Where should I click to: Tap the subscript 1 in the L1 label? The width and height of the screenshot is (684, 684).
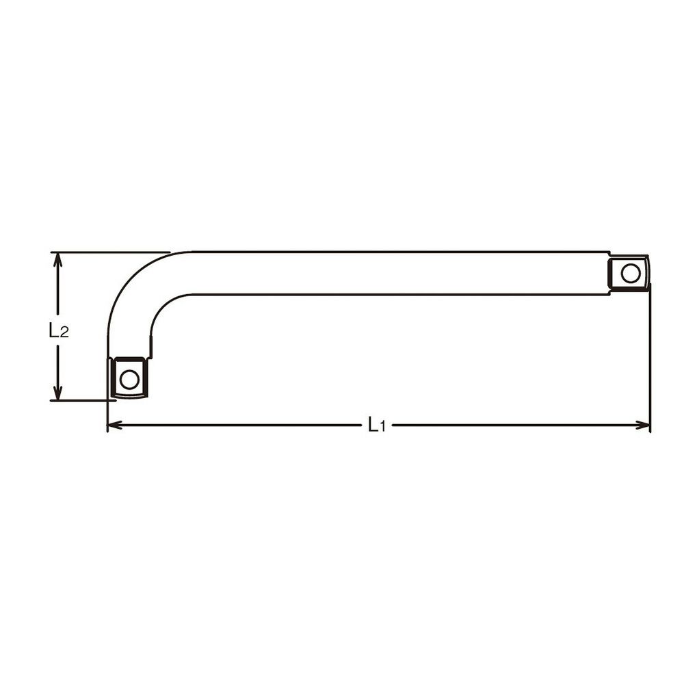382,427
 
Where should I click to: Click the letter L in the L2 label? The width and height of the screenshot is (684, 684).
53,330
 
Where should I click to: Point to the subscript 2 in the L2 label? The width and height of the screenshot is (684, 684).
64,333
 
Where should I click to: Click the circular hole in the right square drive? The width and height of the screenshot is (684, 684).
631,274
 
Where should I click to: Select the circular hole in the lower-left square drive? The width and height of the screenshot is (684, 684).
129,379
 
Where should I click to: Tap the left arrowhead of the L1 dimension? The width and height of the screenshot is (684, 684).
114,425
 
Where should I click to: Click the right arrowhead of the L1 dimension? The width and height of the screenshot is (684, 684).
643,425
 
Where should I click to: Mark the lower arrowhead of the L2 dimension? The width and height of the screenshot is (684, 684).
57,393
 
